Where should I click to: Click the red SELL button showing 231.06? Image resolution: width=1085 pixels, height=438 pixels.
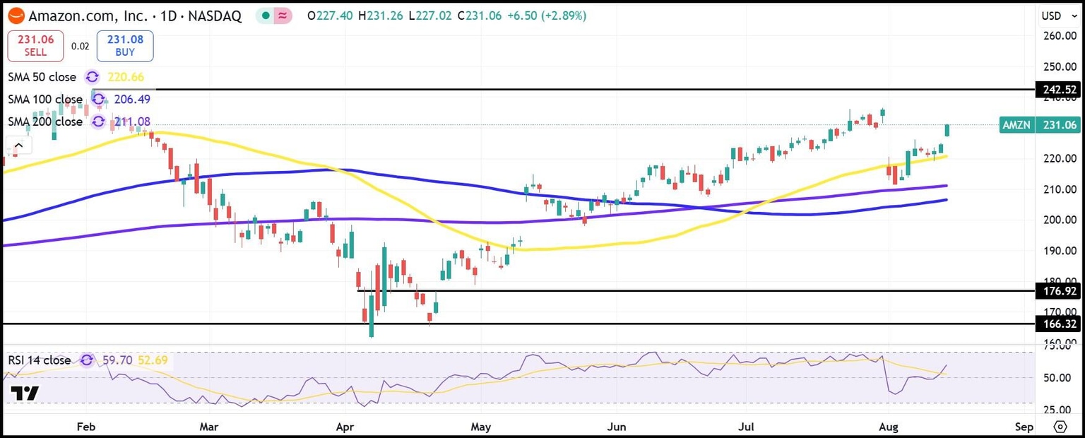point(35,46)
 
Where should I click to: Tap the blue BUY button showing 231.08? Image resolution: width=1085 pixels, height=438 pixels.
point(125,46)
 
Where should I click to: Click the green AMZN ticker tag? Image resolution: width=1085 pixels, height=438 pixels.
point(1017,125)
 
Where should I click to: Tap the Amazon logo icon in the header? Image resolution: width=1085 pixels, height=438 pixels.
point(16,16)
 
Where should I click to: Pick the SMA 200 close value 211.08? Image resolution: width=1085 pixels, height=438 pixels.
point(132,122)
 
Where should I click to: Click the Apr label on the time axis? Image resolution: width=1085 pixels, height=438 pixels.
point(344,427)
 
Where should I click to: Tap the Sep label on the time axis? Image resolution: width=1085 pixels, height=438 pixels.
point(1024,427)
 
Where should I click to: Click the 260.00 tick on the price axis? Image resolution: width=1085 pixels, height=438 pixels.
point(1057,36)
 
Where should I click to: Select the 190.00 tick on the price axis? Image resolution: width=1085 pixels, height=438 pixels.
point(1057,251)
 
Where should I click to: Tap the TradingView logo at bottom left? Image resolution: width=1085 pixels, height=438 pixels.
point(25,393)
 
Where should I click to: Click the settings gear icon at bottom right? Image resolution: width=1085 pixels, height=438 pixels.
point(1060,427)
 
